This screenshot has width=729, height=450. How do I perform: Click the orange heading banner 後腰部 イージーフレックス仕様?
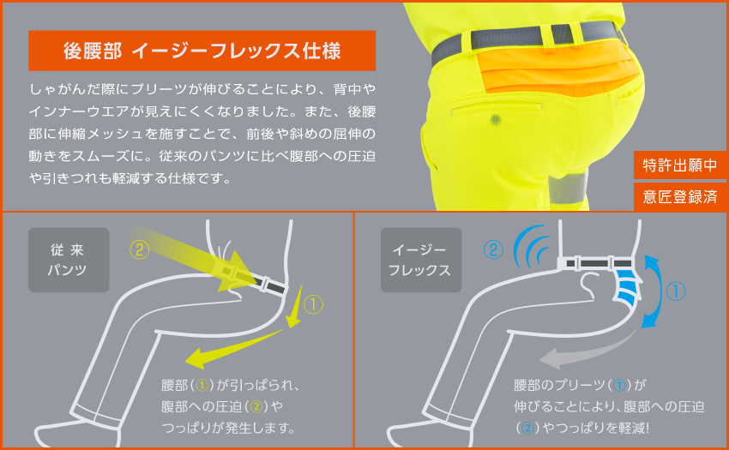click(x=202, y=51)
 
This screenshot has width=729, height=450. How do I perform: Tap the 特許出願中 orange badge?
click(x=680, y=165)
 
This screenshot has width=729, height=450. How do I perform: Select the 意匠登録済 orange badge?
click(x=680, y=196)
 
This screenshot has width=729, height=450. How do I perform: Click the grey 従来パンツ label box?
click(x=69, y=260)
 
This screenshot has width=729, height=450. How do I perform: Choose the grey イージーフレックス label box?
click(x=421, y=260)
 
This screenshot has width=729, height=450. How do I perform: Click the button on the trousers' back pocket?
click(x=496, y=120)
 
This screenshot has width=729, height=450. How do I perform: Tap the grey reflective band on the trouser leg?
click(x=568, y=189)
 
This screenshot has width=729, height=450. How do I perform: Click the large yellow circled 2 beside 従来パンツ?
click(x=140, y=249)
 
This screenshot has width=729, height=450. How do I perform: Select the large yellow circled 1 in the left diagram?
click(x=313, y=304)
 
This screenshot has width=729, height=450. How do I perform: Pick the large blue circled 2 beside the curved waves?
click(x=493, y=249)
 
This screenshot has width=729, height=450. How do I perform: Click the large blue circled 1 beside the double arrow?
click(x=676, y=291)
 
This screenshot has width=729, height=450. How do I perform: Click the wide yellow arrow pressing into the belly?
click(x=196, y=260)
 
